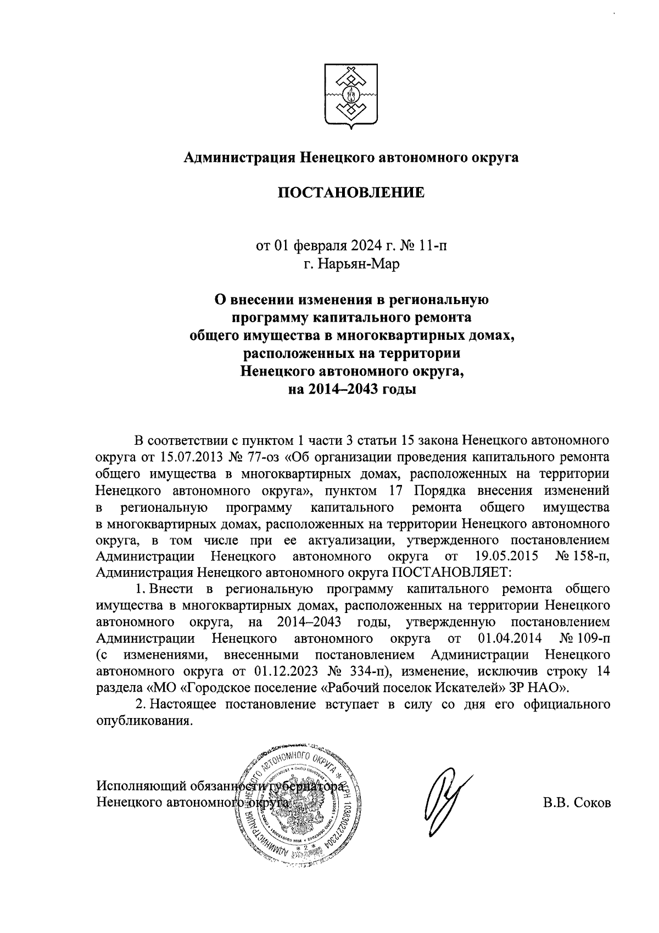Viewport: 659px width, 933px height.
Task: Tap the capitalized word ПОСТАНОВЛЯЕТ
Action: [451, 572]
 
